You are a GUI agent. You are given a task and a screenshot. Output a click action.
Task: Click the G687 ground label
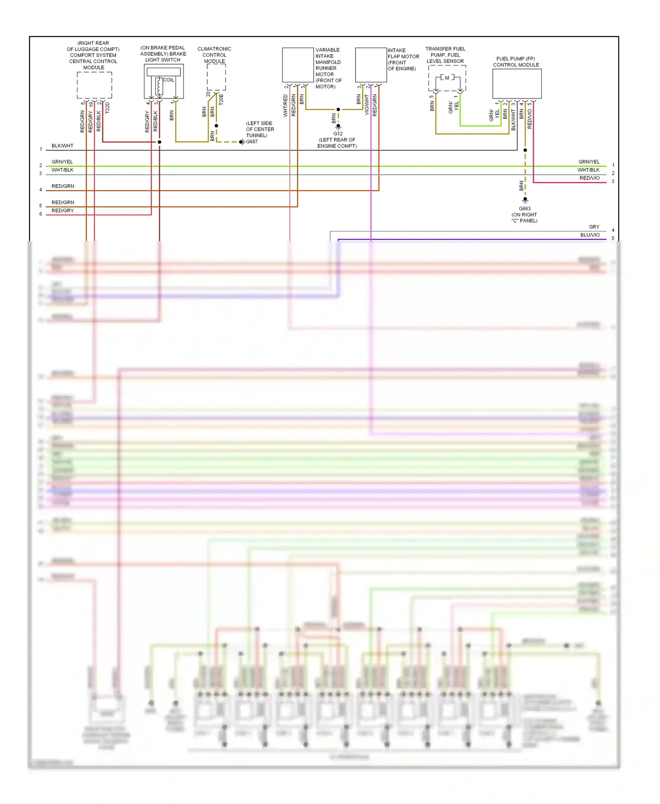[252, 142]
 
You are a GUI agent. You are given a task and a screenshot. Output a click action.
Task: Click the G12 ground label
[338, 134]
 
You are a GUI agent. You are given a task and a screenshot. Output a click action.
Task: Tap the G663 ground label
[524, 208]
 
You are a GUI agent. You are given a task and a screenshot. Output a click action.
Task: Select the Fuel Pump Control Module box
[517, 84]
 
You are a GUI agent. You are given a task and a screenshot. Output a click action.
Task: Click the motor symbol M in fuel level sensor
[447, 78]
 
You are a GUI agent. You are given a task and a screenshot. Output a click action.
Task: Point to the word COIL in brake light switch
[169, 80]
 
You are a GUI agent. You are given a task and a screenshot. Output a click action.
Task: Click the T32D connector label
[107, 108]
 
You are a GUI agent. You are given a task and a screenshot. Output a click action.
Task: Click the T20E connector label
[221, 99]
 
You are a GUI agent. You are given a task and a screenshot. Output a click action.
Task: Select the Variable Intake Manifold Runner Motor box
[298, 65]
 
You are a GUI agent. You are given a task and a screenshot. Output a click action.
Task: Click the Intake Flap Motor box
[371, 65]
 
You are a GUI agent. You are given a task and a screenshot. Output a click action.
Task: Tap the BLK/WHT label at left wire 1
[62, 146]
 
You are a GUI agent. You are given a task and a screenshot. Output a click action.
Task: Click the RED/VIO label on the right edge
[590, 178]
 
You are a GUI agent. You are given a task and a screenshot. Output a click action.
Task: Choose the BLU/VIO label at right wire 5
[590, 235]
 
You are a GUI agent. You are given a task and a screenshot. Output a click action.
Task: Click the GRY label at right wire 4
[594, 227]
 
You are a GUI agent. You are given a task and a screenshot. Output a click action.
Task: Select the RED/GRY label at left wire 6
[62, 211]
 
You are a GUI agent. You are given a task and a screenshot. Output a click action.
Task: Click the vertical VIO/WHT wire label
[367, 105]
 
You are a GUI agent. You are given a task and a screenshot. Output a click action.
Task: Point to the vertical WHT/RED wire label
[286, 106]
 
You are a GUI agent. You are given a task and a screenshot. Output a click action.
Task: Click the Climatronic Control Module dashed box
[216, 77]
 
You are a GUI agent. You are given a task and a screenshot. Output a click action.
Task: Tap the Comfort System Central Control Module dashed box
[94, 85]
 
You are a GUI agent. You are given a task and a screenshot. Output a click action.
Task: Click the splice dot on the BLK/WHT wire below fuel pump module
[525, 150]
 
